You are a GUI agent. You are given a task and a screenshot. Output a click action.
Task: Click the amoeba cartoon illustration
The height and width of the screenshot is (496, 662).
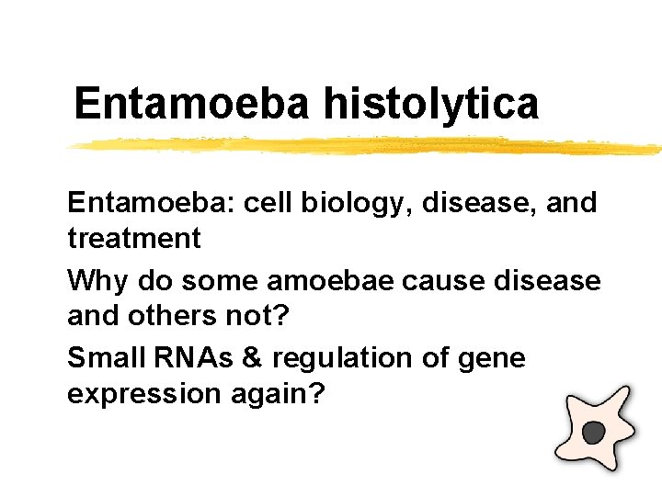click(x=599, y=428)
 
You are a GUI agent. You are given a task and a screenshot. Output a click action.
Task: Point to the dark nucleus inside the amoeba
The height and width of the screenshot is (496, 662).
click(x=595, y=431)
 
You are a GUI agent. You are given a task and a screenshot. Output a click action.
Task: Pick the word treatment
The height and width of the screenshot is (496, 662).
click(x=133, y=239)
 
